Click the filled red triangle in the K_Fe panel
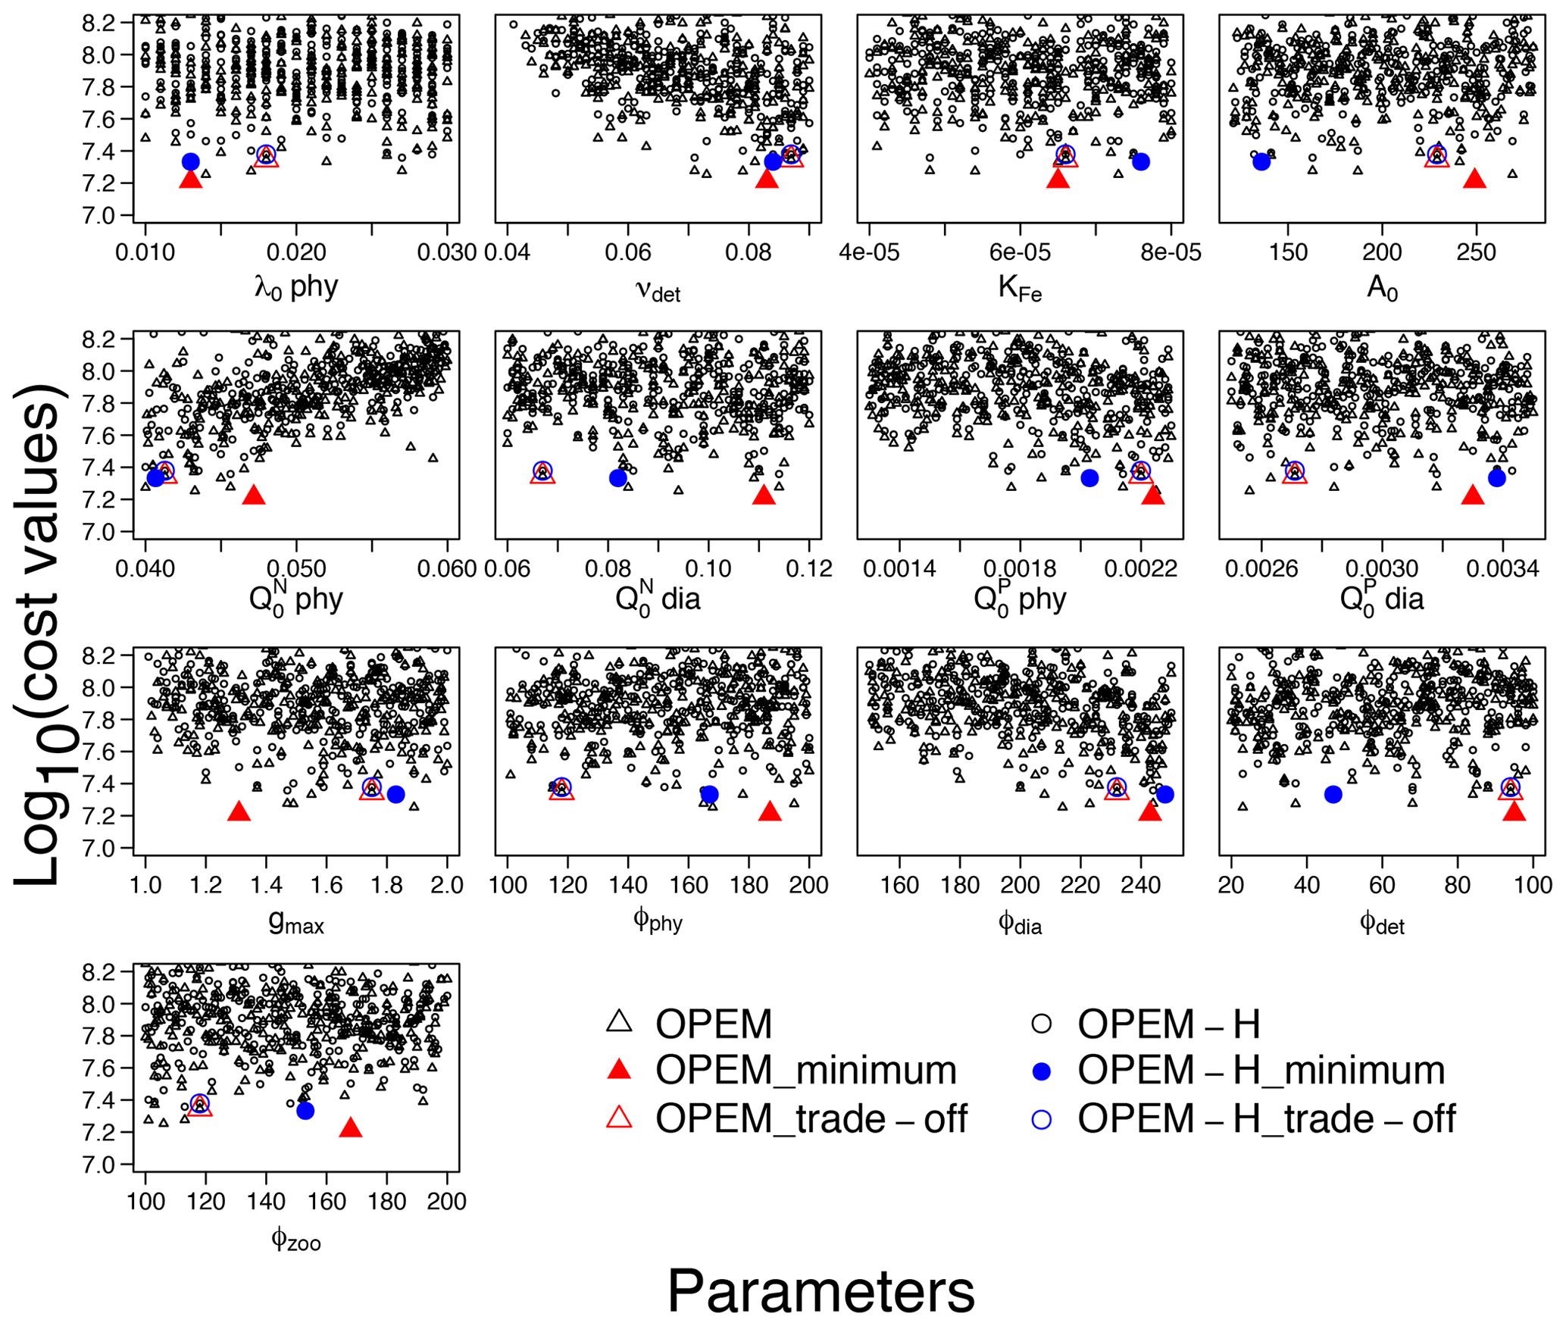point(1057,180)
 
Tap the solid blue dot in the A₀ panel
point(1261,161)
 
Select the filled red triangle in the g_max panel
point(239,812)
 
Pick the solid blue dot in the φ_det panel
point(1333,794)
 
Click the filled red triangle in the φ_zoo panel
point(350,1128)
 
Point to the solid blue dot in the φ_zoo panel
point(305,1111)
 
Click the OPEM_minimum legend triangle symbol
point(619,1070)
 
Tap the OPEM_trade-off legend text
point(811,1119)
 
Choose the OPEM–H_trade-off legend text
point(1266,1119)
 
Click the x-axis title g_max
point(296,921)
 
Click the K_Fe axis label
point(1020,288)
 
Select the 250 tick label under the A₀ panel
point(1475,252)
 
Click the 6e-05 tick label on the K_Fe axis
point(1020,252)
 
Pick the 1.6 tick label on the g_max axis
point(327,885)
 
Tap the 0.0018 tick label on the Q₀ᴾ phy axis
point(1020,568)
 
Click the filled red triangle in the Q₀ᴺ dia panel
point(764,496)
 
